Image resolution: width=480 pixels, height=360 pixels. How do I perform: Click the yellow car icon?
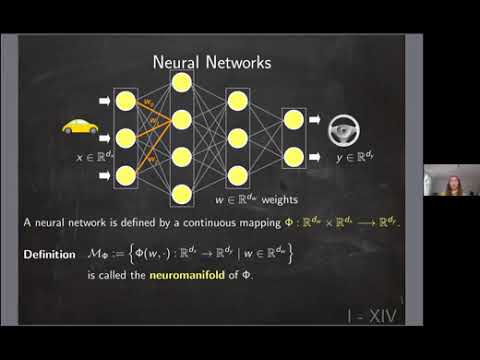pos(79,127)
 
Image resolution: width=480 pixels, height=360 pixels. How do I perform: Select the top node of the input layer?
pos(126,101)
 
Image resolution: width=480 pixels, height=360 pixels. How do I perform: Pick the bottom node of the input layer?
pos(126,176)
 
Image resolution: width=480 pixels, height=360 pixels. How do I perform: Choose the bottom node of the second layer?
pos(181,194)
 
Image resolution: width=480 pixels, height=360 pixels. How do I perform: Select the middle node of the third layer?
pos(237,137)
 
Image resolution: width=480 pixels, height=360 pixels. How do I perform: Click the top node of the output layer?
pos(293,119)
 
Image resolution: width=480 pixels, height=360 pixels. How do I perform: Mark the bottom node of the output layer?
pos(293,156)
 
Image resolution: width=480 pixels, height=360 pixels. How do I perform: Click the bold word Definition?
pos(50,255)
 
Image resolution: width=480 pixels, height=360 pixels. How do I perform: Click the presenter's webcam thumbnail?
pos(451,181)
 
